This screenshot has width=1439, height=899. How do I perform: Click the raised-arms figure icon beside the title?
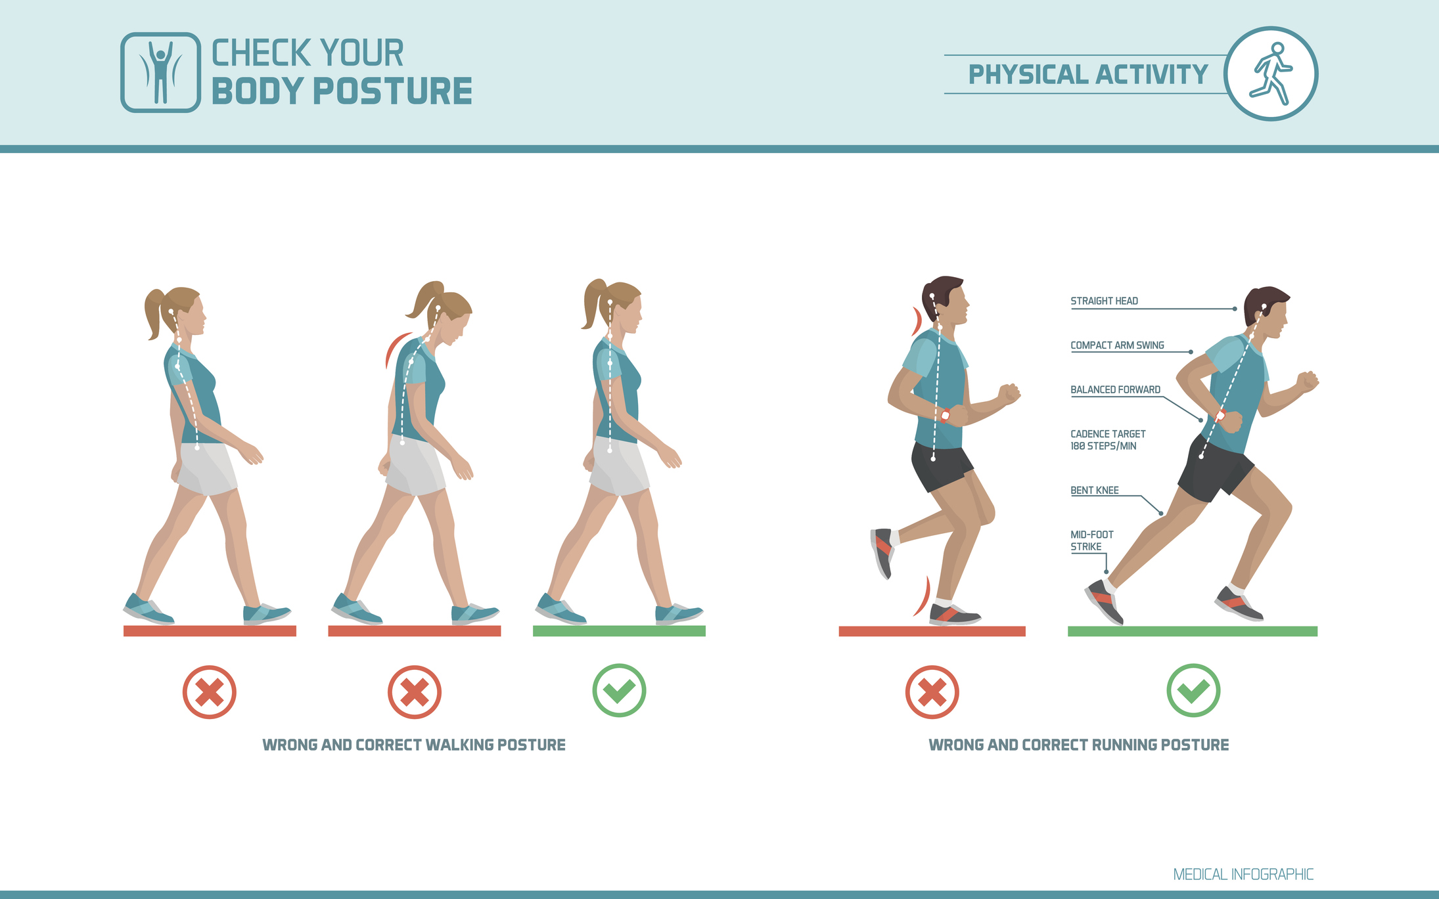pyautogui.click(x=160, y=72)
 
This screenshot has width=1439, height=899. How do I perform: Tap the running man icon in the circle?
pyautogui.click(x=1271, y=74)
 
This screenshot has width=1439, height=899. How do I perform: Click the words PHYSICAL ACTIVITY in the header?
pyautogui.click(x=1088, y=74)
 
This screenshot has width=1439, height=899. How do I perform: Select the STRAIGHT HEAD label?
pyautogui.click(x=1104, y=301)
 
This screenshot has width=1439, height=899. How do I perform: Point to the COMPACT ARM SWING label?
pyautogui.click(x=1117, y=345)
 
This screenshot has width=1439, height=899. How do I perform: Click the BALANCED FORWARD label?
pyautogui.click(x=1115, y=390)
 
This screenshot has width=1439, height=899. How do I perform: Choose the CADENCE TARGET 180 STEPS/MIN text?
pyautogui.click(x=1107, y=440)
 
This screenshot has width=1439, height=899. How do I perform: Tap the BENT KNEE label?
pyautogui.click(x=1094, y=491)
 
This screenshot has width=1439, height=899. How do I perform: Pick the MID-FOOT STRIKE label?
pyautogui.click(x=1091, y=540)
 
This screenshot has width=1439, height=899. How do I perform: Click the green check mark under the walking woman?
pyautogui.click(x=619, y=691)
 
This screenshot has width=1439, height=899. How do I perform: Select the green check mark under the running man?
pyautogui.click(x=1193, y=691)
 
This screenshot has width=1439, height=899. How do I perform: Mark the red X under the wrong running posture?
pyautogui.click(x=932, y=692)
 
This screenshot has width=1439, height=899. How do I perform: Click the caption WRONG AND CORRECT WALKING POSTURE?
pyautogui.click(x=414, y=745)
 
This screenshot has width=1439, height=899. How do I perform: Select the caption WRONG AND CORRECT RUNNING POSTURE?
pyautogui.click(x=1078, y=745)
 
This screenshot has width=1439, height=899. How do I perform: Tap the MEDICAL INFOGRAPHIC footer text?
pyautogui.click(x=1243, y=875)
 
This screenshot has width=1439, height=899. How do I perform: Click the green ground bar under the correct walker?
pyautogui.click(x=619, y=631)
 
